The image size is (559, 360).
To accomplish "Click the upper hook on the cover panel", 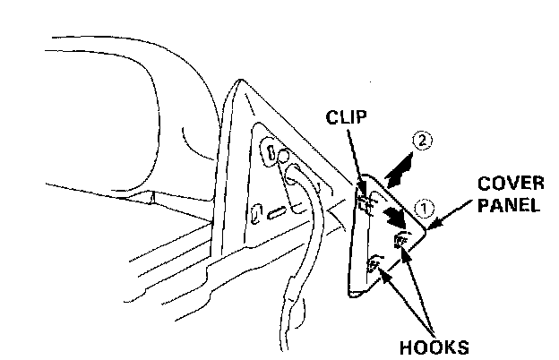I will tap(400, 239).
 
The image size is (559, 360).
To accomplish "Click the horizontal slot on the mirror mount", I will tap(278, 213).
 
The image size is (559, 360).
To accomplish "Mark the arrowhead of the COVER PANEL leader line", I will tap(430, 227).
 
